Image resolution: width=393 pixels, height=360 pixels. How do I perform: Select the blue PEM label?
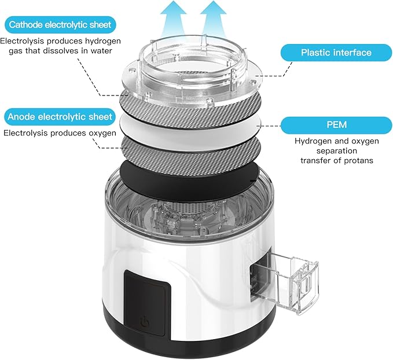click(x=327, y=124)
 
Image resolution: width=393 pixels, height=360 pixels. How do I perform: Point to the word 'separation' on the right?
click(x=327, y=150)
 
